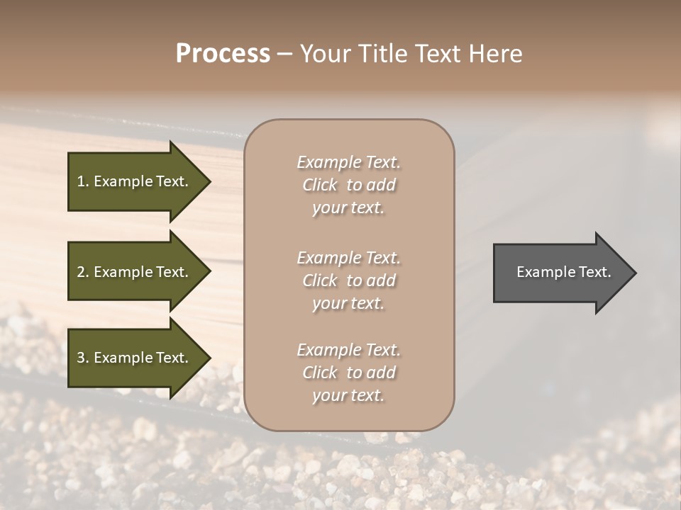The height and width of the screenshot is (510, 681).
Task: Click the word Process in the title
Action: point(223,54)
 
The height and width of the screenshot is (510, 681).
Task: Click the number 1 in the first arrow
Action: point(81,181)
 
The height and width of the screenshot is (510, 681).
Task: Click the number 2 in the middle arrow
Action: point(81,272)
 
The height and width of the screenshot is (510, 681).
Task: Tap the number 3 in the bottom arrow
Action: point(81,358)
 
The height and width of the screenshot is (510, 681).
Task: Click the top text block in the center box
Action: point(348,185)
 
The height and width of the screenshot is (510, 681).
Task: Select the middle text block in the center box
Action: point(348,280)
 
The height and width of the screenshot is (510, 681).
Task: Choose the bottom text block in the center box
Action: point(348,373)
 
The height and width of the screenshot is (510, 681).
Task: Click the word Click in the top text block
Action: point(319,185)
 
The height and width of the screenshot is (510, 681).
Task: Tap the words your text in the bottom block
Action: point(348,395)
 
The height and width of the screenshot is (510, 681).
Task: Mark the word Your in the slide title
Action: point(326,54)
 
